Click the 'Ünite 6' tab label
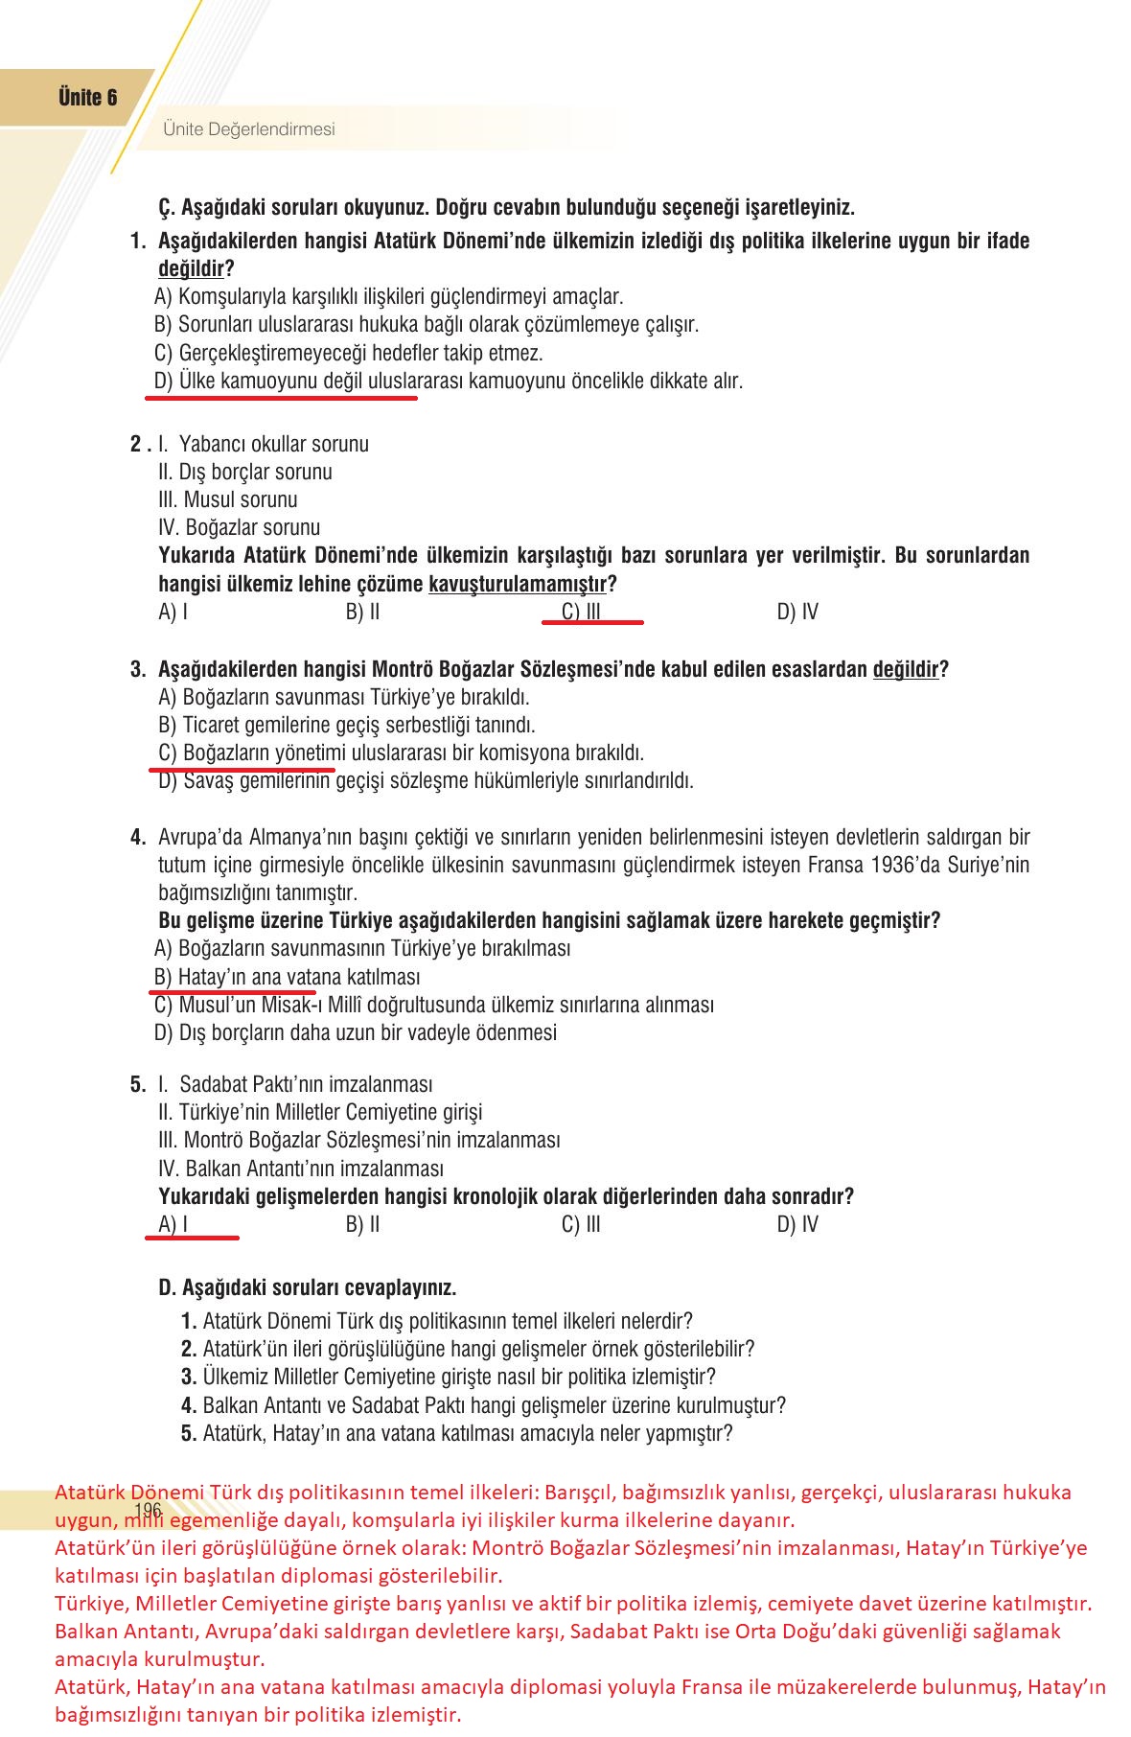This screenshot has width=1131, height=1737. (x=87, y=98)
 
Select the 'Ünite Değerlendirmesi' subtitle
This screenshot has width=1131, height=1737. (x=249, y=129)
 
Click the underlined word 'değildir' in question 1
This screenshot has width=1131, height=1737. (x=191, y=269)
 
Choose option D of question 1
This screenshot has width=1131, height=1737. (x=448, y=382)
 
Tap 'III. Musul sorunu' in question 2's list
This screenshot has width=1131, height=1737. (x=228, y=499)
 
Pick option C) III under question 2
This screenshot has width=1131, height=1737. (x=582, y=612)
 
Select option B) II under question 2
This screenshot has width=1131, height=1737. (x=362, y=612)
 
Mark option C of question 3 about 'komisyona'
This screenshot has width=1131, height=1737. (x=401, y=753)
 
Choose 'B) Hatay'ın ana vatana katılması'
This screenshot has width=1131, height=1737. (x=287, y=977)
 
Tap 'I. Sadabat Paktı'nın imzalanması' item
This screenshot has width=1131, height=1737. (x=295, y=1084)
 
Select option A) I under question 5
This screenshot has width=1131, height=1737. (x=173, y=1224)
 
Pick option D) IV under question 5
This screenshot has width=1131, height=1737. (x=797, y=1224)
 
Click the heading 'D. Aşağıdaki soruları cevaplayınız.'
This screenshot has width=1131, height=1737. (x=307, y=1287)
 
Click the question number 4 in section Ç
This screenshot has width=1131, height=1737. (x=138, y=837)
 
